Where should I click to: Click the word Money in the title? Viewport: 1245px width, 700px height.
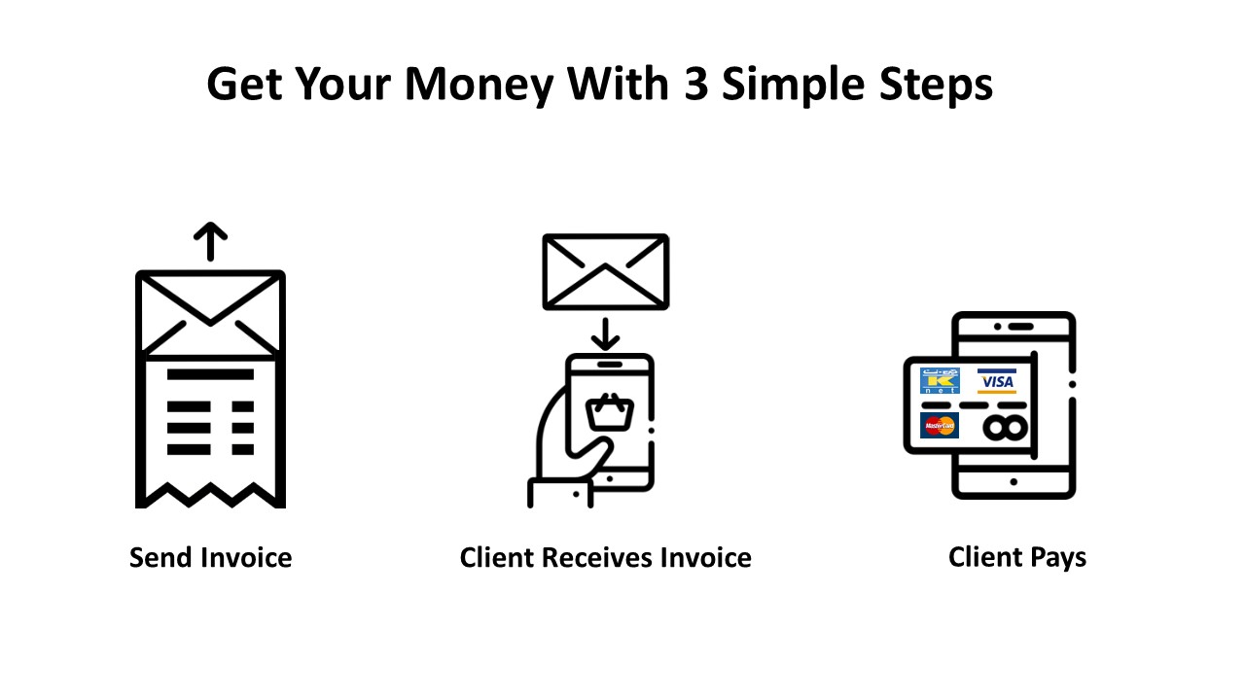[480, 85]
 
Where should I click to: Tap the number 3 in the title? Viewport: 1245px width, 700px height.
[695, 84]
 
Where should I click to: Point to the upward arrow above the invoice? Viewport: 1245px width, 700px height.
[211, 242]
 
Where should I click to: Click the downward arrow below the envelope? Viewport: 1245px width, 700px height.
[605, 333]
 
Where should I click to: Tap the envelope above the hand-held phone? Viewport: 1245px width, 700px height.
[606, 271]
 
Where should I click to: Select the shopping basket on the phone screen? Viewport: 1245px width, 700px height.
[610, 411]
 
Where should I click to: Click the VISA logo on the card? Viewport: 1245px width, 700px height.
[997, 381]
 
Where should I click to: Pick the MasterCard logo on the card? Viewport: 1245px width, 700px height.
[940, 426]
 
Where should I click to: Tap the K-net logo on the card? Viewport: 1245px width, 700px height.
[940, 380]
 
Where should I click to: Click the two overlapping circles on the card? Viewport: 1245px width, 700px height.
[1005, 428]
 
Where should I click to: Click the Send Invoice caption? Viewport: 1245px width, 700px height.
[211, 557]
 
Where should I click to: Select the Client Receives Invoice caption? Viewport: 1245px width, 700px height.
[606, 557]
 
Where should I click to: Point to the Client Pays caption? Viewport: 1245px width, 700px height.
[1017, 558]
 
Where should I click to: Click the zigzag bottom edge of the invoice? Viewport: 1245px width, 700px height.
[211, 495]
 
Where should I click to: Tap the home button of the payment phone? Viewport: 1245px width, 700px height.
[1014, 481]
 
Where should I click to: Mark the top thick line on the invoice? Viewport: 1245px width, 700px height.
[211, 374]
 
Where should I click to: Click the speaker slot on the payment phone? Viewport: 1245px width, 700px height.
[1021, 327]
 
